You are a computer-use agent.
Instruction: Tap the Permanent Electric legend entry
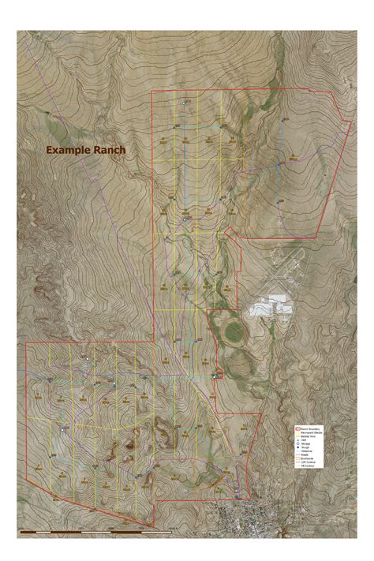pos(310,432)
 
